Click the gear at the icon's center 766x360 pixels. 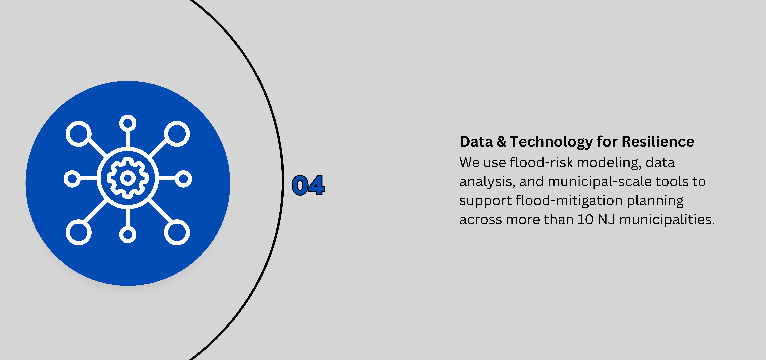tap(128, 178)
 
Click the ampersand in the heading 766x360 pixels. tap(501, 142)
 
